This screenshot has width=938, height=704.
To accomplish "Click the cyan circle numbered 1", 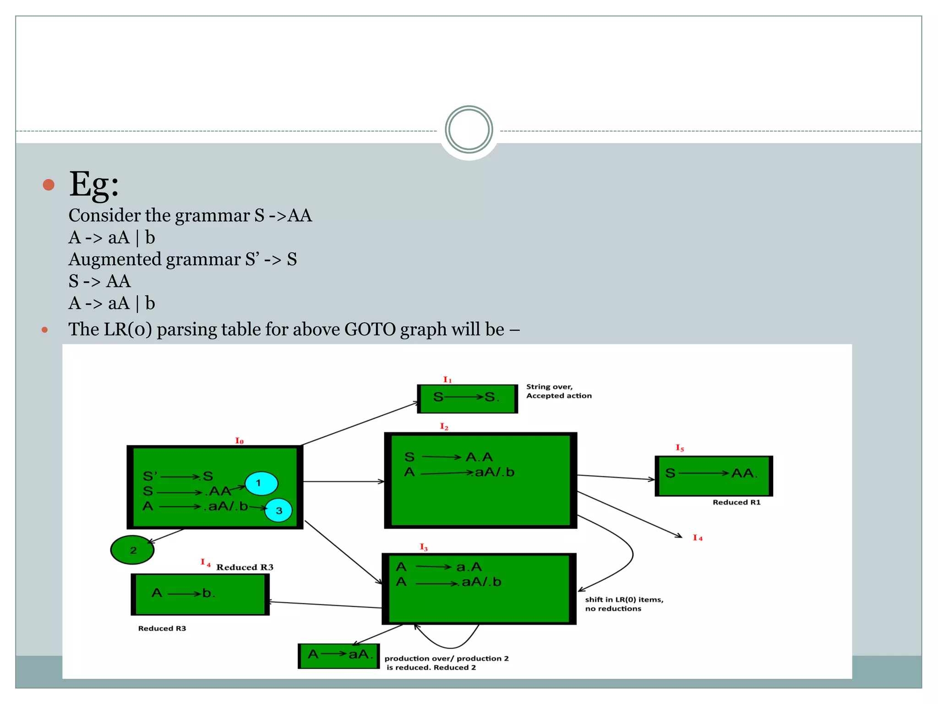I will click(x=261, y=484).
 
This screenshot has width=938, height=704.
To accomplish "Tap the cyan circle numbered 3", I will click(x=278, y=510).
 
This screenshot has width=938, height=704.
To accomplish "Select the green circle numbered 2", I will click(x=132, y=550).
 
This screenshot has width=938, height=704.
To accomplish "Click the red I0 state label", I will click(x=239, y=441).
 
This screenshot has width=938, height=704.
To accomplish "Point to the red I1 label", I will click(x=447, y=380).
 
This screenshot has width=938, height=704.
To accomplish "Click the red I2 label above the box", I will click(x=444, y=427).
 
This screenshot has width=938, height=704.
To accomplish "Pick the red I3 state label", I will click(x=424, y=547).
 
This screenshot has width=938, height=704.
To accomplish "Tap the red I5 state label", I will click(x=680, y=448).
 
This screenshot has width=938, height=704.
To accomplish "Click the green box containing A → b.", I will click(x=200, y=594).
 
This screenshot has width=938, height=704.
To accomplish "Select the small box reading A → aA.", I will click(x=339, y=655).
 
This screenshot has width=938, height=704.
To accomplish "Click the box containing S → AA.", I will click(x=714, y=476).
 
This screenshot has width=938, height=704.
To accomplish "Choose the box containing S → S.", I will click(x=467, y=398).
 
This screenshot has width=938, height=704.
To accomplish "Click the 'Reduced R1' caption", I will click(x=736, y=502).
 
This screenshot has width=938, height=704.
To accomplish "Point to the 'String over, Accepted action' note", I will click(x=558, y=391).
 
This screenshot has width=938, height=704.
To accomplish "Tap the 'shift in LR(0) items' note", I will click(x=623, y=604).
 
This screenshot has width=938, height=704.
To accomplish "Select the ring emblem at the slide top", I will click(x=469, y=130).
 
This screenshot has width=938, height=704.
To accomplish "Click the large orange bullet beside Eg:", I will click(x=49, y=185).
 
